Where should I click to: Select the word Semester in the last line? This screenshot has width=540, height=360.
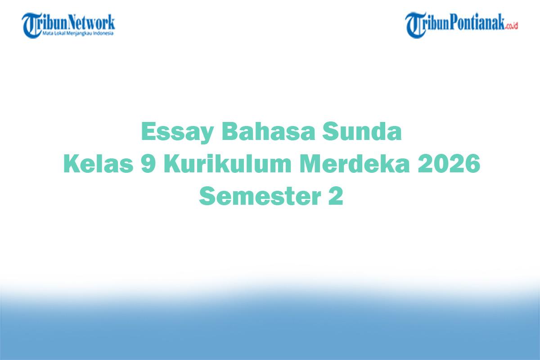[x=257, y=196]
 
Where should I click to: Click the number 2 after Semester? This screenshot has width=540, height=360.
[x=336, y=196]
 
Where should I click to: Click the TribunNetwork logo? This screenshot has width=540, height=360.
[x=68, y=25]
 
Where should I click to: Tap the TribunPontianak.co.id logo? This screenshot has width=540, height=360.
[x=461, y=25]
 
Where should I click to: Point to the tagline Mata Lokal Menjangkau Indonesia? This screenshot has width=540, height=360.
[x=78, y=33]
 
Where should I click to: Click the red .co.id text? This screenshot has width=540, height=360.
[x=512, y=26]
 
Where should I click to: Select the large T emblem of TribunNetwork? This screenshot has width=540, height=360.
[x=31, y=25]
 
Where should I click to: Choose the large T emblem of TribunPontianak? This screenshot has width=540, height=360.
[x=415, y=25]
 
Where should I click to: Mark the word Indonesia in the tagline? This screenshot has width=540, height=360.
[x=105, y=33]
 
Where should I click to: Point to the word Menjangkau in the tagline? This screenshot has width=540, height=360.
[x=82, y=33]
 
